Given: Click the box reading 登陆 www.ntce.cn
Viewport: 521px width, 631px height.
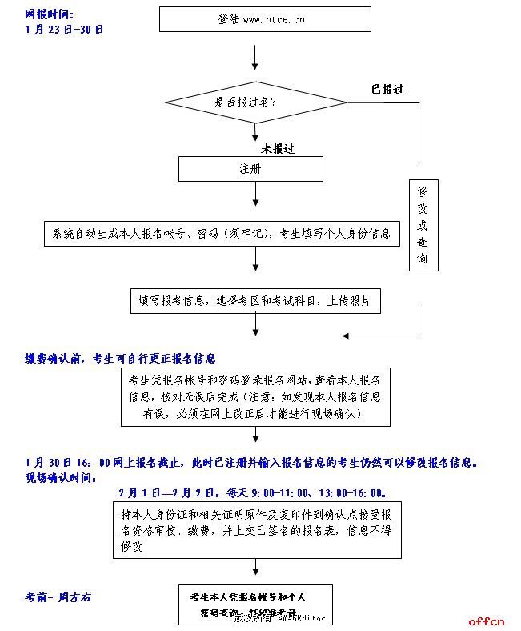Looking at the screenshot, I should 264,18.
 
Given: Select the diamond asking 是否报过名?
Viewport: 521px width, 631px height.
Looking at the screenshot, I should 256,102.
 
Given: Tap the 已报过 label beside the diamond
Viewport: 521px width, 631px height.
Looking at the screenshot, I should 387,90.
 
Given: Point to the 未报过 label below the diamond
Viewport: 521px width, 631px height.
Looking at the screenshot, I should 278,148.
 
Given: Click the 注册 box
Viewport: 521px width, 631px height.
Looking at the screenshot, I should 250,169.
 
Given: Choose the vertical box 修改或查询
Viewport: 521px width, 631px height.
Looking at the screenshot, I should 422,226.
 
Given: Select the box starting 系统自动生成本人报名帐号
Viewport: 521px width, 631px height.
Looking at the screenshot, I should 222,234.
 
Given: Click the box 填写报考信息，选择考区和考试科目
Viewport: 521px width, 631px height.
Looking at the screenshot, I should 255,301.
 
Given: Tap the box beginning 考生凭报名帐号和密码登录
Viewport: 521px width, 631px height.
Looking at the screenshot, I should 255,396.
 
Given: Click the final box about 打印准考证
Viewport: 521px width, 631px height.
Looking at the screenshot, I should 254,605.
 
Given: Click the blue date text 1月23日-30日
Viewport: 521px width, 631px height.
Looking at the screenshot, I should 64,30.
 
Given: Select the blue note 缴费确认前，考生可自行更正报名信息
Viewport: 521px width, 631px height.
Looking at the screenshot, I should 120,359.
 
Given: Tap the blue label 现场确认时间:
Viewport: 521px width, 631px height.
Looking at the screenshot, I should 60,477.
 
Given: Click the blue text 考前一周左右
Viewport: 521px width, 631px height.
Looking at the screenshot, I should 58,597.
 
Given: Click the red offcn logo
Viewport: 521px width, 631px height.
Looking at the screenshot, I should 487,621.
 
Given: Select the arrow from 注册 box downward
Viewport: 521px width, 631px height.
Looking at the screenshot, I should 255,195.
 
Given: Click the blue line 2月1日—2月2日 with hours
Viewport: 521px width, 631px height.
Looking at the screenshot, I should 252,492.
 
